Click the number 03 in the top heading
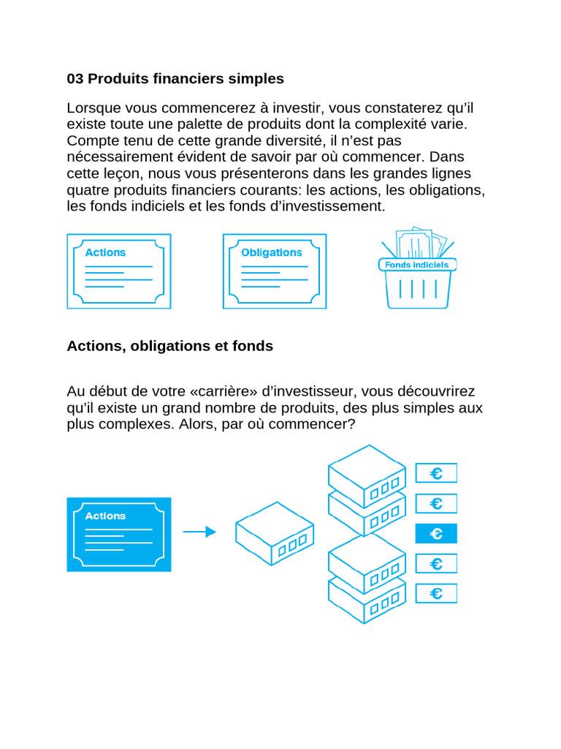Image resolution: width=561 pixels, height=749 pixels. [75, 78]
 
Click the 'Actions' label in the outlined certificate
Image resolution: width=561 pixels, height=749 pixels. [105, 252]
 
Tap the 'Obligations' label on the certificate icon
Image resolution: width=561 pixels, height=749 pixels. [271, 252]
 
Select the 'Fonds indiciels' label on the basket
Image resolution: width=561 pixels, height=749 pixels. [417, 265]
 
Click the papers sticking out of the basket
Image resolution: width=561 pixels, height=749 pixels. [420, 242]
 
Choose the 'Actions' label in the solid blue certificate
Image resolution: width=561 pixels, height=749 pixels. [105, 516]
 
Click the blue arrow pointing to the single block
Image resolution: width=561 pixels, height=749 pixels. [199, 532]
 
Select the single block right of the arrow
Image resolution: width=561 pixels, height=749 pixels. [274, 533]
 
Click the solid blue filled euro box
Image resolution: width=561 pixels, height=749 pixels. [436, 534]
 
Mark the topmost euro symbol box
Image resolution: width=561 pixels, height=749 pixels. [436, 473]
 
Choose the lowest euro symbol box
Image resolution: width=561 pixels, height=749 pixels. [436, 593]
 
